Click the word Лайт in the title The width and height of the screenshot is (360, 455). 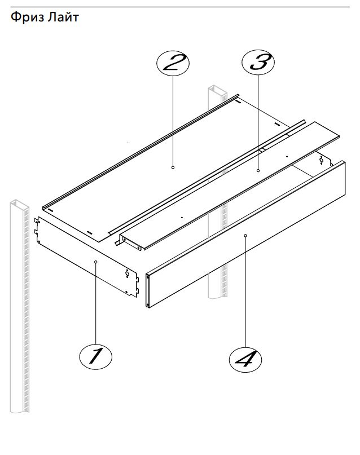point(63,17)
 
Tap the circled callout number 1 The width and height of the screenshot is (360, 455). point(95,356)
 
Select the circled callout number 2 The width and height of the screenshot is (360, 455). point(173,63)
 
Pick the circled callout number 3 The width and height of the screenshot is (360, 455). point(258,62)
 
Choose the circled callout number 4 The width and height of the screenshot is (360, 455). point(245,360)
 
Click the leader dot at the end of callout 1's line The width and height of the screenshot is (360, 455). point(96,262)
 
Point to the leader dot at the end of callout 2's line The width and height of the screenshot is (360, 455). point(173,167)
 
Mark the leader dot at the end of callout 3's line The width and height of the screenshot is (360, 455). point(258,171)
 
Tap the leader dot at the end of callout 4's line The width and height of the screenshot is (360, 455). point(245,236)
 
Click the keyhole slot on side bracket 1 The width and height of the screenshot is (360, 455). point(127,273)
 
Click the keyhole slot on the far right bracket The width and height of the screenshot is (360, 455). point(321,160)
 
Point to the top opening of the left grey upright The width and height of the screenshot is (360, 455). point(19,203)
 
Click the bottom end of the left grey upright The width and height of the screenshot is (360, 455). point(20,410)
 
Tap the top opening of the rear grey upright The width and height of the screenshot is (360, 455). point(217,88)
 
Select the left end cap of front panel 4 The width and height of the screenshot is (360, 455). point(148,290)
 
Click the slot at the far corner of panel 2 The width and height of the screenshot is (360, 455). point(238,101)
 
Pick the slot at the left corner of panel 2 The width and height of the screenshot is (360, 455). point(51,210)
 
